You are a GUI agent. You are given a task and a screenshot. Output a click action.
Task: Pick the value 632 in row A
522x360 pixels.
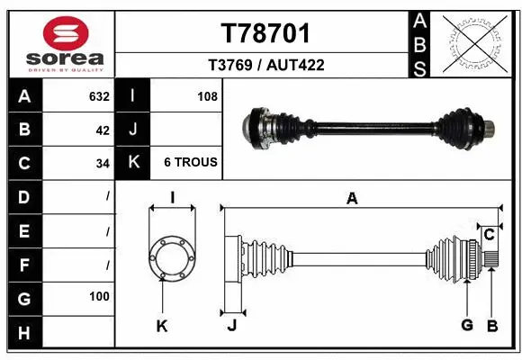(x=99, y=96)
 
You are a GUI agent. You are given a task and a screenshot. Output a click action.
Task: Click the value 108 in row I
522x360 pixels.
(x=207, y=96)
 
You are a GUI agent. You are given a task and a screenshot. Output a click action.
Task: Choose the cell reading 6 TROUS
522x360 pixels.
(x=190, y=163)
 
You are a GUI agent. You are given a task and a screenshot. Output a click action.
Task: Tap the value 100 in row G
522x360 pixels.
(x=99, y=296)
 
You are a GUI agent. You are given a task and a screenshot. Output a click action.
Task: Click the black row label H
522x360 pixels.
(x=23, y=333)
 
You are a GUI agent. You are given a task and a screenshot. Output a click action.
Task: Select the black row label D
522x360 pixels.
(x=23, y=196)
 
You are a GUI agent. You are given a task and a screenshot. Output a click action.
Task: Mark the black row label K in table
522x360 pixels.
(x=132, y=163)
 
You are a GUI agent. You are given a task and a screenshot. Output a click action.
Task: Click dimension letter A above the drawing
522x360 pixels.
(x=352, y=199)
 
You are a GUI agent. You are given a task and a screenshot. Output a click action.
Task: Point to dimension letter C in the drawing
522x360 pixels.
(x=489, y=235)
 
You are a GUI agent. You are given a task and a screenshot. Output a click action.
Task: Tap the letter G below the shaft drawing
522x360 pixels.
(x=466, y=326)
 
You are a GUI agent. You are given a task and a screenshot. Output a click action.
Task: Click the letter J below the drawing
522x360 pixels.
(x=231, y=326)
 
